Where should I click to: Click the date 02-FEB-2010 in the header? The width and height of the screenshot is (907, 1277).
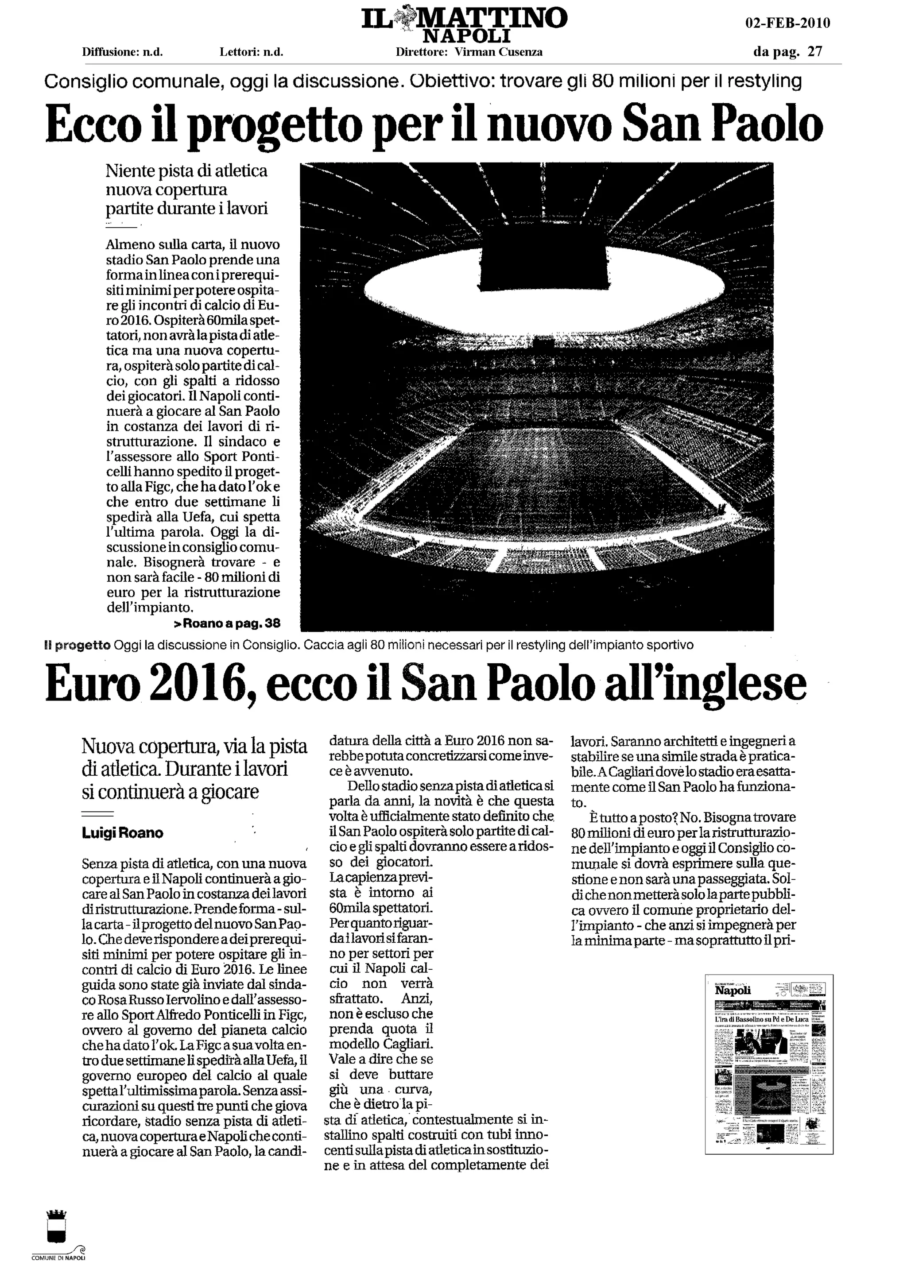[x=787, y=23]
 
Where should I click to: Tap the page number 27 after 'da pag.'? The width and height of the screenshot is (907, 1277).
[x=815, y=52]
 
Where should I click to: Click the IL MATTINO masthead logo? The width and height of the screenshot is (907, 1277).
[x=464, y=19]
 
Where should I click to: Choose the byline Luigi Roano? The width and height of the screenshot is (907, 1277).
[x=122, y=833]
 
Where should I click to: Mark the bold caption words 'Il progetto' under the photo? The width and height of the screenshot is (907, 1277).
[x=78, y=646]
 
